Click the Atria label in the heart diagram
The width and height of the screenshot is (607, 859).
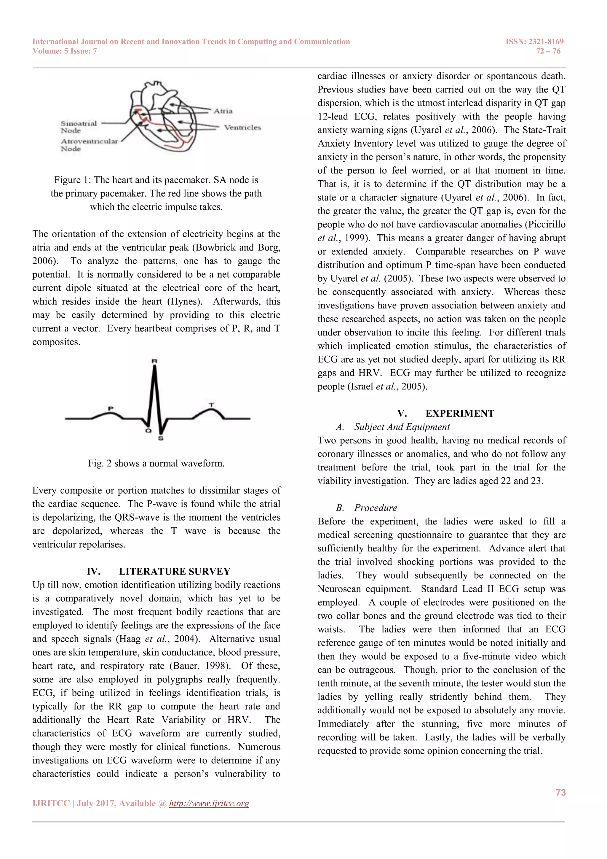[223, 111]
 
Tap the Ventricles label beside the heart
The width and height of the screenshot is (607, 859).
[242, 128]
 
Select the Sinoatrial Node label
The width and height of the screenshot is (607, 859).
[79, 127]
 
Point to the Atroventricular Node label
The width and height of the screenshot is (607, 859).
[89, 145]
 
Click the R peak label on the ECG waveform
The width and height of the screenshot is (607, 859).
[154, 361]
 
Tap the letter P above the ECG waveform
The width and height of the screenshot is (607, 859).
[111, 408]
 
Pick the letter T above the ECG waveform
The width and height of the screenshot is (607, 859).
[212, 405]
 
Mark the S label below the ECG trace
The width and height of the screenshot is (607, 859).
[161, 438]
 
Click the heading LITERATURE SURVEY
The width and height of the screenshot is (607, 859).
[174, 571]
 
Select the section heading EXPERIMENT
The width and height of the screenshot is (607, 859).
[459, 413]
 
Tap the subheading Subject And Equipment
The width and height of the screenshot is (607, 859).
[402, 427]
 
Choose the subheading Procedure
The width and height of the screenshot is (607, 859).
[375, 508]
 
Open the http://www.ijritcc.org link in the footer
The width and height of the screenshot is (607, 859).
[209, 803]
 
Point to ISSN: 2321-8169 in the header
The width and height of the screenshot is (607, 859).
[534, 42]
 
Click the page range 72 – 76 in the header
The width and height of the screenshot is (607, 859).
[548, 51]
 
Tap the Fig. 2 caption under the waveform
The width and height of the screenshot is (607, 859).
[156, 463]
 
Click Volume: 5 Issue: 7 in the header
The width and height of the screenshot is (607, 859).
[65, 51]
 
